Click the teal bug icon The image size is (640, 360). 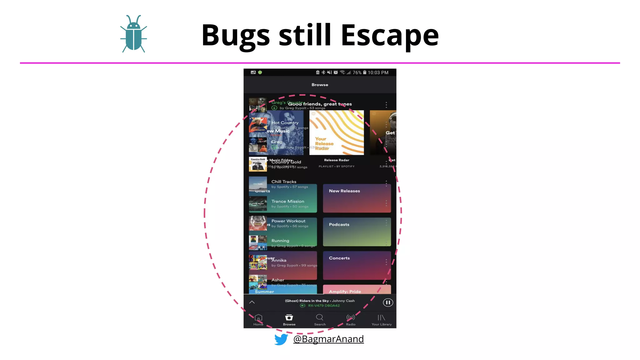point(134,34)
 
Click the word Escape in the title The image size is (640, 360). point(390,35)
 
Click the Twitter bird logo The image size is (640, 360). point(281,339)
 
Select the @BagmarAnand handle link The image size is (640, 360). point(328,339)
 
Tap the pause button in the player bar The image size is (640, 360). point(388,302)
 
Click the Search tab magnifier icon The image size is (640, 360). point(319,318)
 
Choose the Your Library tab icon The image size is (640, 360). point(381,318)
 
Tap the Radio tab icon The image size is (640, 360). point(351,318)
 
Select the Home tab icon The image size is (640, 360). point(258,318)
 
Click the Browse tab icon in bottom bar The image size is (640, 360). point(289,318)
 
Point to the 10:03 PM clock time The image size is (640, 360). point(378,72)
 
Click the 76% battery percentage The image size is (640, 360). point(357,72)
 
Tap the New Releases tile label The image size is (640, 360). point(344,191)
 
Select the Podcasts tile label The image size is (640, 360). point(339,225)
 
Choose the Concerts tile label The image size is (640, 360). point(339,258)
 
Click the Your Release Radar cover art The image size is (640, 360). point(337,132)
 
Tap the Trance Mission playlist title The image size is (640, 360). point(287,202)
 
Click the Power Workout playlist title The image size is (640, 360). point(288,221)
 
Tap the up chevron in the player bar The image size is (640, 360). point(252,302)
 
